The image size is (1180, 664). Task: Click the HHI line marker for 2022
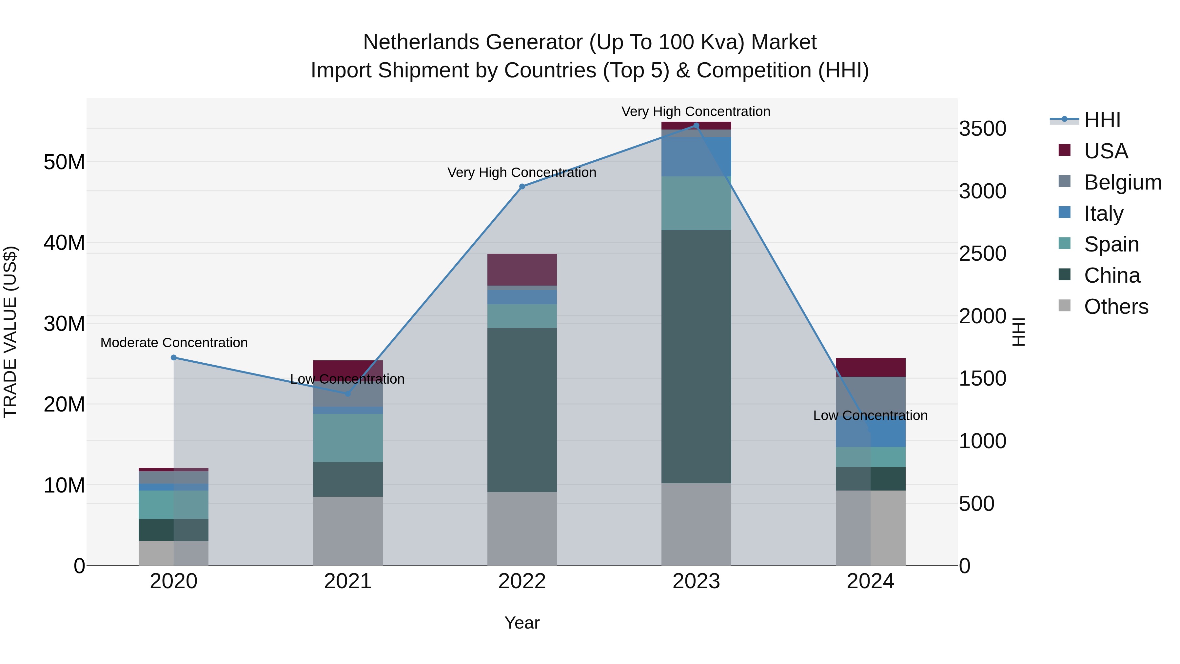522,187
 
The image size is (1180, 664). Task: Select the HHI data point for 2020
174,357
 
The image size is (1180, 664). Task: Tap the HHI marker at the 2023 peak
696,126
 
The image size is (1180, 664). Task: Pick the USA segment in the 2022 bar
522,270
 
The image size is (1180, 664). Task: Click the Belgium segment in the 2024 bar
870,394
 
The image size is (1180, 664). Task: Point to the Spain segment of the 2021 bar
348,438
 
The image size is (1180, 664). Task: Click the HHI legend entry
1102,120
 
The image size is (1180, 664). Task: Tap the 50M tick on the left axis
64,162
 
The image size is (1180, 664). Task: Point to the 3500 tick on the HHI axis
983,129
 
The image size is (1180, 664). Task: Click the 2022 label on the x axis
522,581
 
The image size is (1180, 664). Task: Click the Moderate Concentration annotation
174,342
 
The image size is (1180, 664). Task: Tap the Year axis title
522,623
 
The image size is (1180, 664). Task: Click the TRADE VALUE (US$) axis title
10,332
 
